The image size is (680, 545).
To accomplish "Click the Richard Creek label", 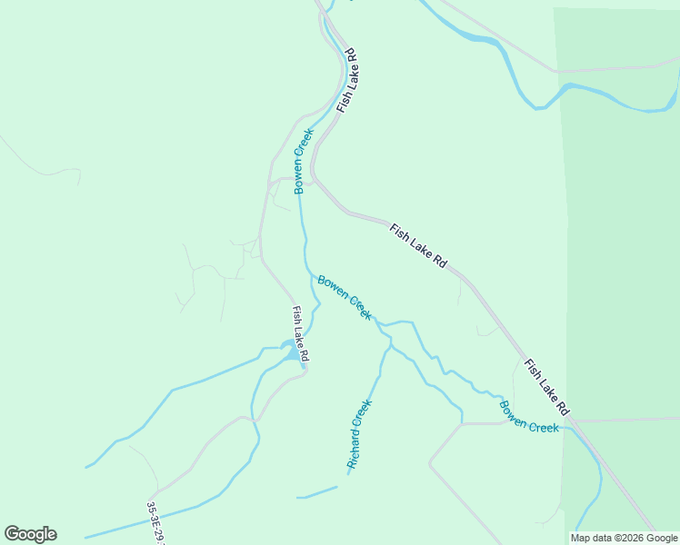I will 360,433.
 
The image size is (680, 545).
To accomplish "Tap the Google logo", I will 30,534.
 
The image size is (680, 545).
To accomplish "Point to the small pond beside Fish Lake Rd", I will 290,349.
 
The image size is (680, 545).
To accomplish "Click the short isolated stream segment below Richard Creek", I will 316,492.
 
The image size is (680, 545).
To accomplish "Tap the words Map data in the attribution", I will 591,538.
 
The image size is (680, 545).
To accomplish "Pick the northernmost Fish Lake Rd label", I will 347,81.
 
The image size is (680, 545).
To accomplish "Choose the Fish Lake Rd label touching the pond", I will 301,332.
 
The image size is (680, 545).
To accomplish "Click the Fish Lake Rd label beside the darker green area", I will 546,383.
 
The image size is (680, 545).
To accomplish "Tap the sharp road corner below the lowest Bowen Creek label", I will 463,424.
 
